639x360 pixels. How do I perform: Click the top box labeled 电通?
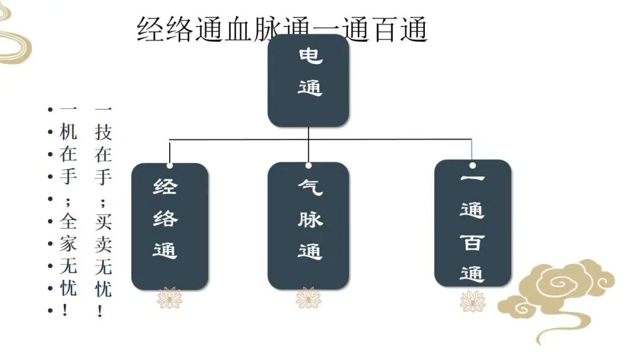[308, 81]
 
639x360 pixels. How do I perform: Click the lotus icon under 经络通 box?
[170, 298]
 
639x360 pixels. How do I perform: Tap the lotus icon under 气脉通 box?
[308, 298]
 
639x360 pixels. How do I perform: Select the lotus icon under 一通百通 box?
[473, 301]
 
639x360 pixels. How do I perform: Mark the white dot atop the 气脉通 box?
[308, 165]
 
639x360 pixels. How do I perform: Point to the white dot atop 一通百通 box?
[473, 165]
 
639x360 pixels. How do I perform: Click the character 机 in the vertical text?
[69, 132]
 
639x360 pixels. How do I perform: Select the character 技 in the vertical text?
[103, 132]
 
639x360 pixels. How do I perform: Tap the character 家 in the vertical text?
[69, 244]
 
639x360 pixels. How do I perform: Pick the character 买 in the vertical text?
[103, 221]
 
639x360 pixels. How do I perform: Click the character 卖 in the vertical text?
[103, 244]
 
